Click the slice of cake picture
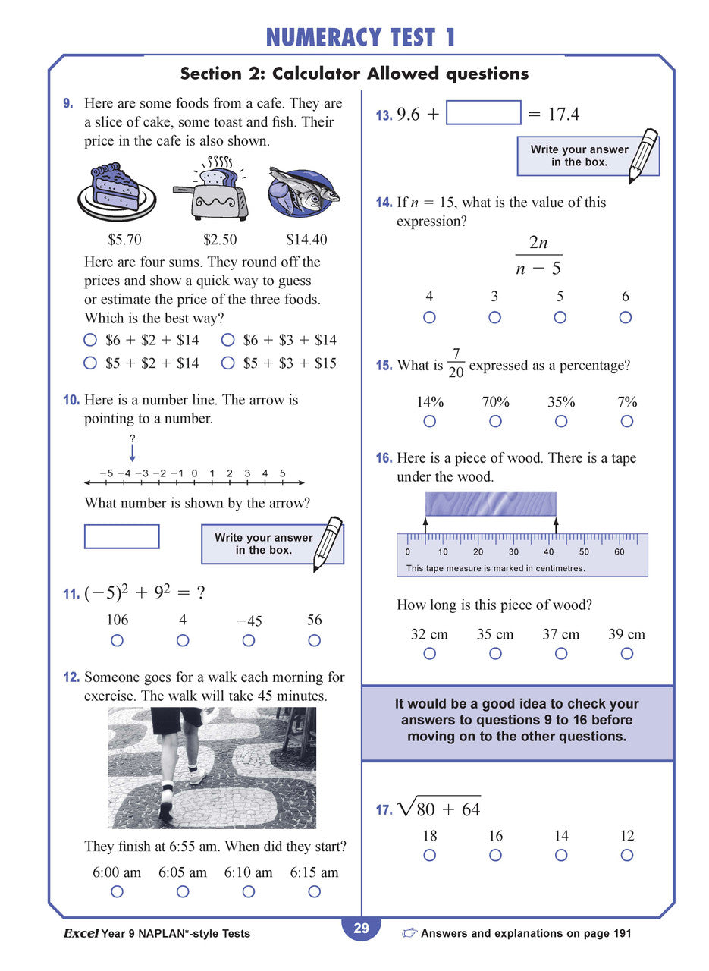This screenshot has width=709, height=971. point(116,190)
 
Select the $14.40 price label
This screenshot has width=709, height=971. point(306,240)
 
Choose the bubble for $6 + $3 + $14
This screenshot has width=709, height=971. point(227,341)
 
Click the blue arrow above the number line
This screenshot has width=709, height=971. point(132,453)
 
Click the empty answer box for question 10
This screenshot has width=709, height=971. point(121,536)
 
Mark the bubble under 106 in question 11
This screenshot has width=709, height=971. point(117,640)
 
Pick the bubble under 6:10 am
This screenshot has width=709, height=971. point(248,892)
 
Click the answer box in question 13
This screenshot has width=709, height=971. point(483,113)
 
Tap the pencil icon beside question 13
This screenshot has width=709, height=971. point(644,156)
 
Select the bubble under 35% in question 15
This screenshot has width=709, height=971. point(561,421)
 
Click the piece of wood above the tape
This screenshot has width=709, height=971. point(491,504)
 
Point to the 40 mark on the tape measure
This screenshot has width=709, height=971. point(548,551)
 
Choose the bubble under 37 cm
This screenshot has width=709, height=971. point(560,653)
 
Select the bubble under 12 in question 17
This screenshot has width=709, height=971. point(626,855)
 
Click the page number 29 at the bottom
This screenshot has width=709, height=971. point(361,929)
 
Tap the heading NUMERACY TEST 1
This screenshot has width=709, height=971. point(361,36)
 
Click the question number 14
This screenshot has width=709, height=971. point(384,203)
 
